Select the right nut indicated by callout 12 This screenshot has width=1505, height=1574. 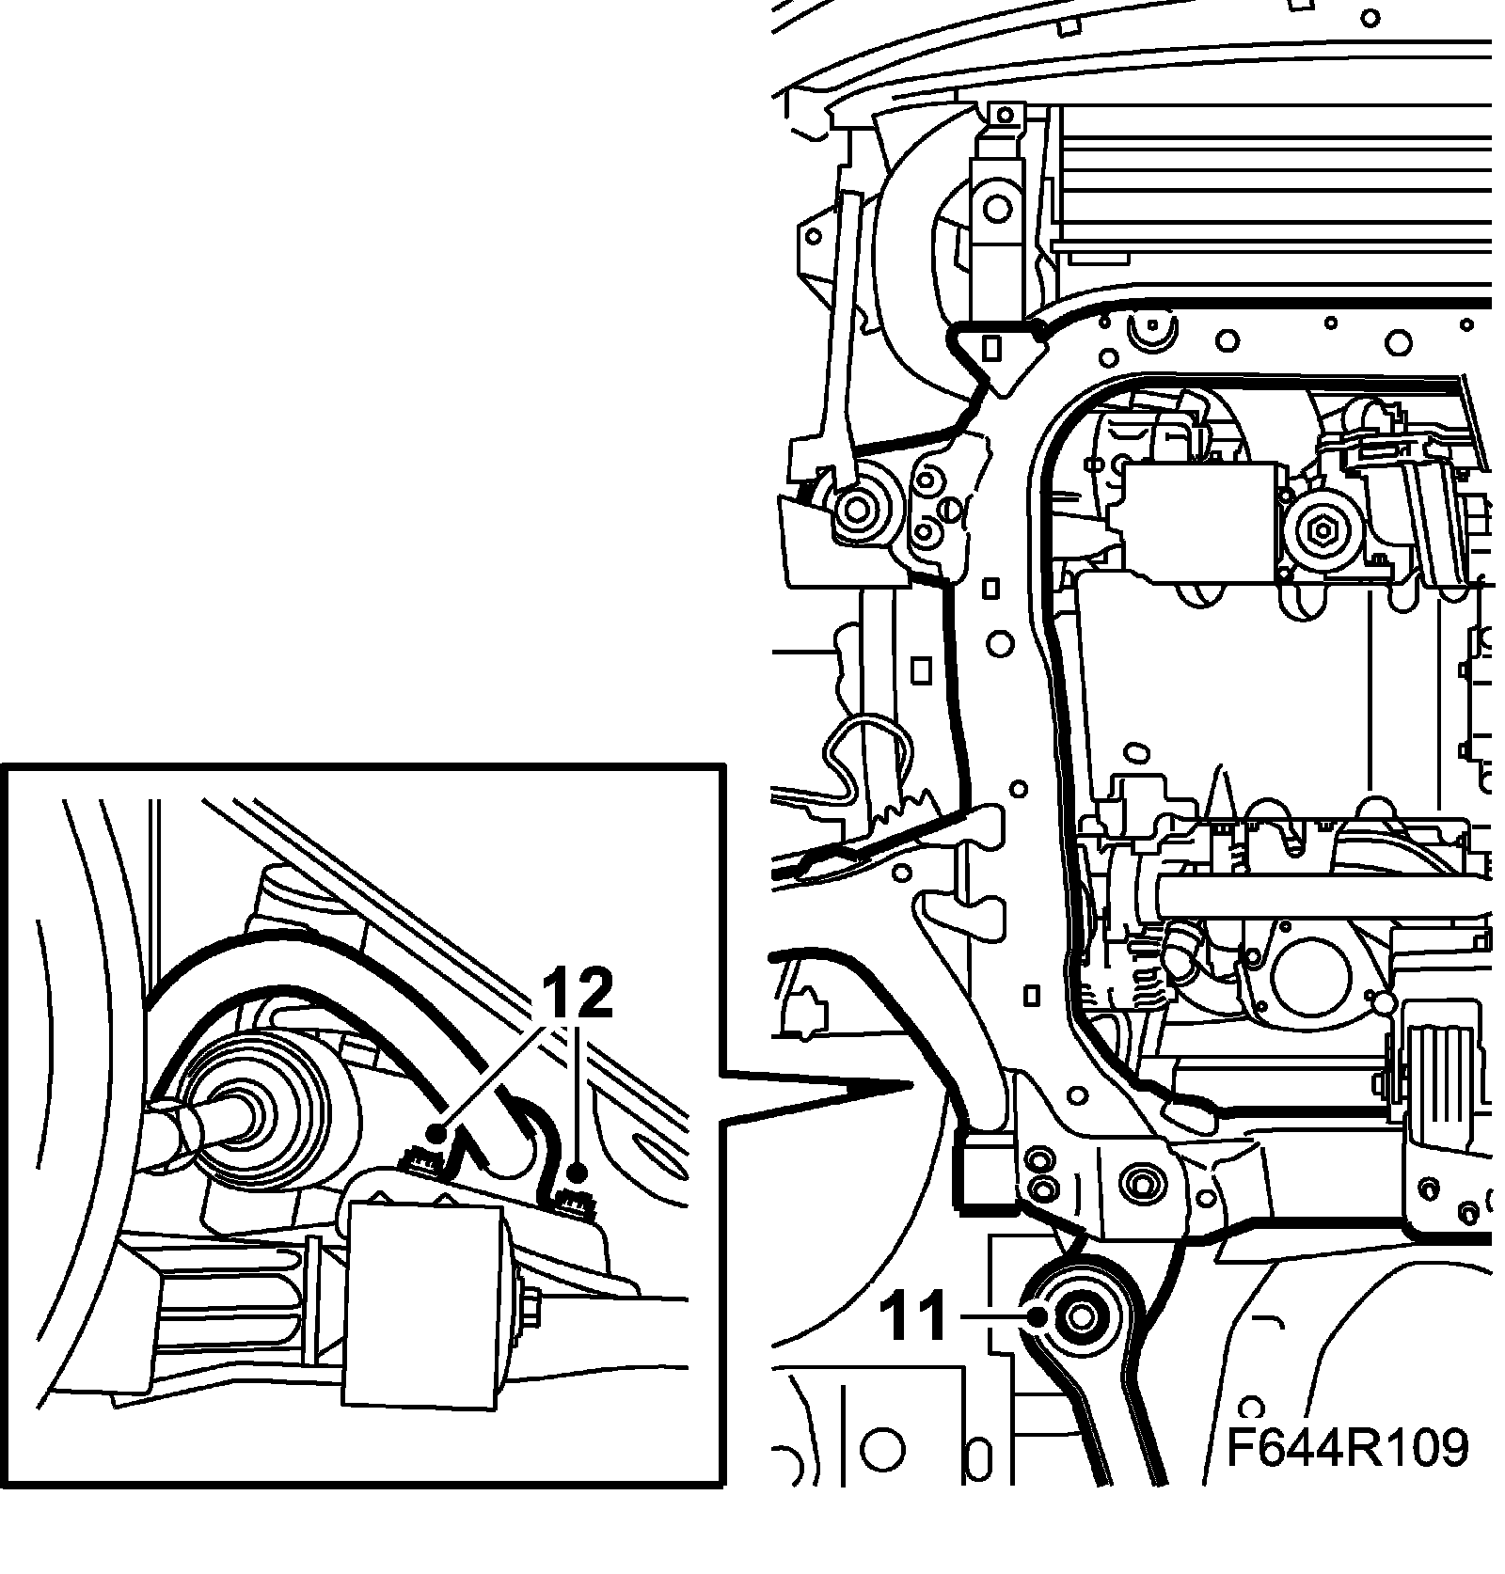click(571, 1198)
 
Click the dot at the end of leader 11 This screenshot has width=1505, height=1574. click(1038, 1317)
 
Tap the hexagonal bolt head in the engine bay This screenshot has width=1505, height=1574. click(1322, 533)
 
